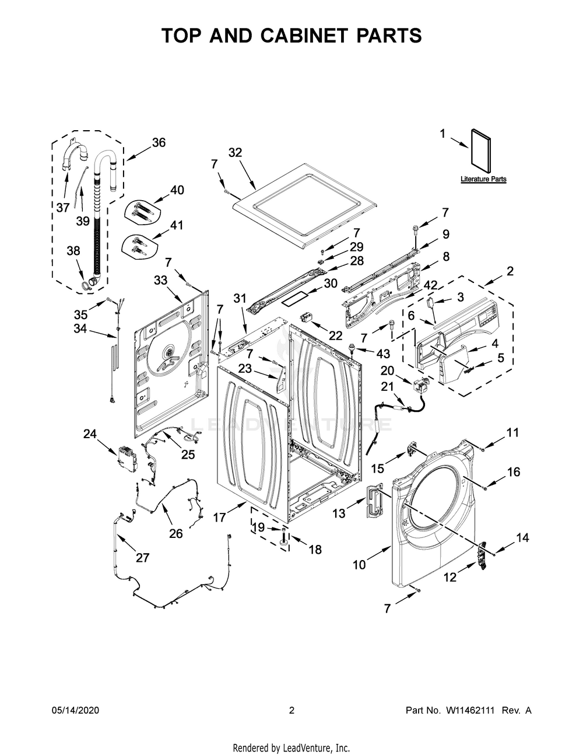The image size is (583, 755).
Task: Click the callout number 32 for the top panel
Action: (x=235, y=152)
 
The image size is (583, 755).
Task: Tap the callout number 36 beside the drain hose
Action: (x=159, y=142)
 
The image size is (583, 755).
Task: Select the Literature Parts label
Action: (x=483, y=179)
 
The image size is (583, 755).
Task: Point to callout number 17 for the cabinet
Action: (x=219, y=517)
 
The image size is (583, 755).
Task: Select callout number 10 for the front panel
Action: (x=359, y=564)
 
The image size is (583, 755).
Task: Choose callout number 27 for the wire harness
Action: (x=142, y=557)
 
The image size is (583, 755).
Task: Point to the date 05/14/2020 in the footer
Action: (x=75, y=711)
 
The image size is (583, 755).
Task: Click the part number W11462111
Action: (x=470, y=711)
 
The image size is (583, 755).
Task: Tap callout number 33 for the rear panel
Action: (x=161, y=280)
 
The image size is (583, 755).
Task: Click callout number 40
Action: (x=177, y=190)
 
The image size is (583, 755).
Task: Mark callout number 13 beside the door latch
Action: (x=339, y=513)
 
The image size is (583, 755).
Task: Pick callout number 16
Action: (x=513, y=471)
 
